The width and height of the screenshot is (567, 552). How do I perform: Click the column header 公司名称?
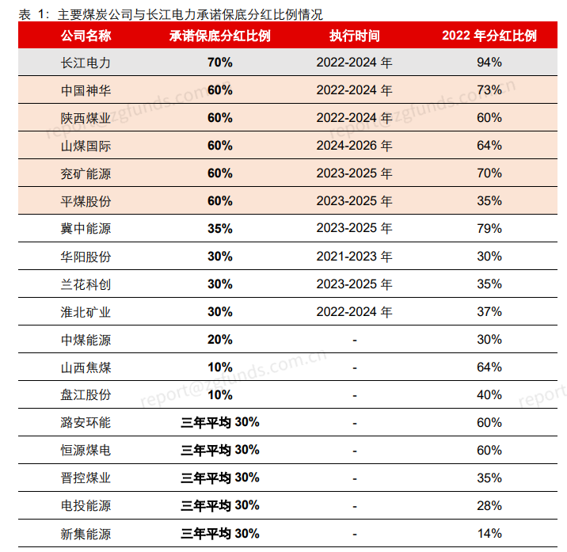pyautogui.click(x=86, y=36)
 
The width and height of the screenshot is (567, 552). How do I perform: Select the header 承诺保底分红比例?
pyautogui.click(x=220, y=36)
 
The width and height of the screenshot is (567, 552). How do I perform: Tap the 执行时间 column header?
pyautogui.click(x=355, y=36)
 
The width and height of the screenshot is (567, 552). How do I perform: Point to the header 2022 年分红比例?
pyautogui.click(x=489, y=36)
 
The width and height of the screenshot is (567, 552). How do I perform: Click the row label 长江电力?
pyautogui.click(x=86, y=63)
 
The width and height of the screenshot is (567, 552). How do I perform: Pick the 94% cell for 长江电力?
pyautogui.click(x=489, y=63)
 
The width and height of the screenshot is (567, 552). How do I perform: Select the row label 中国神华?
pyautogui.click(x=86, y=90)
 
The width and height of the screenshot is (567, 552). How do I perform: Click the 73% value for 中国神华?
pyautogui.click(x=489, y=90)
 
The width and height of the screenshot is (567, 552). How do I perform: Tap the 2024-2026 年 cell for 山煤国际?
pyautogui.click(x=355, y=146)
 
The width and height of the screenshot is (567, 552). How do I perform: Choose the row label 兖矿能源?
pyautogui.click(x=86, y=173)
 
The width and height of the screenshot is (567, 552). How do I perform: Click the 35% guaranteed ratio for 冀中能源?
pyautogui.click(x=220, y=229)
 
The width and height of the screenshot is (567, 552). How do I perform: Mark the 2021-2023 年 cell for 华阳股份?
pyautogui.click(x=355, y=257)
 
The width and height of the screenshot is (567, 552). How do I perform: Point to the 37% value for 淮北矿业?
pyautogui.click(x=489, y=312)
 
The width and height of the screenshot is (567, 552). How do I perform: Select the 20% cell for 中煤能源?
pyautogui.click(x=220, y=340)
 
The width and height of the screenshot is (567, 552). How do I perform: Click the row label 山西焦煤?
pyautogui.click(x=86, y=367)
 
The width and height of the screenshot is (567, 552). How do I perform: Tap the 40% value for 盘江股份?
pyautogui.click(x=489, y=395)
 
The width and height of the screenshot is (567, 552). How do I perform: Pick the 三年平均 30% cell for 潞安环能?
pyautogui.click(x=220, y=422)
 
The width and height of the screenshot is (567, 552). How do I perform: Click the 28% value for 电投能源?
pyautogui.click(x=489, y=506)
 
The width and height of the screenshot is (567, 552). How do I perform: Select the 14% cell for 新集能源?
pyautogui.click(x=489, y=534)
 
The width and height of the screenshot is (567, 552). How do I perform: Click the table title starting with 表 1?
pyautogui.click(x=170, y=14)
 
